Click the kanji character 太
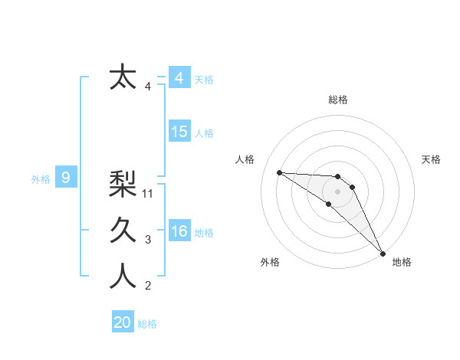click(x=123, y=78)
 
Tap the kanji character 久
click(x=123, y=230)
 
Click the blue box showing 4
click(x=179, y=78)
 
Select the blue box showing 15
click(x=179, y=132)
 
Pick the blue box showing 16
click(x=179, y=231)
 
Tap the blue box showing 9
click(x=66, y=178)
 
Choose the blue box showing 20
click(x=123, y=322)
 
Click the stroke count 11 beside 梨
click(x=149, y=194)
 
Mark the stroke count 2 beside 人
click(x=148, y=286)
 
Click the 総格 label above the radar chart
click(x=338, y=100)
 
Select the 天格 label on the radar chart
click(x=432, y=159)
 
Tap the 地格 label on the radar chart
click(x=402, y=263)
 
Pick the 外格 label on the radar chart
click(x=270, y=263)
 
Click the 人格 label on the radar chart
click(x=245, y=159)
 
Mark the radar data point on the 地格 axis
click(x=383, y=252)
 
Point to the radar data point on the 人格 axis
click(x=279, y=172)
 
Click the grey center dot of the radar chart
click(x=338, y=191)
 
